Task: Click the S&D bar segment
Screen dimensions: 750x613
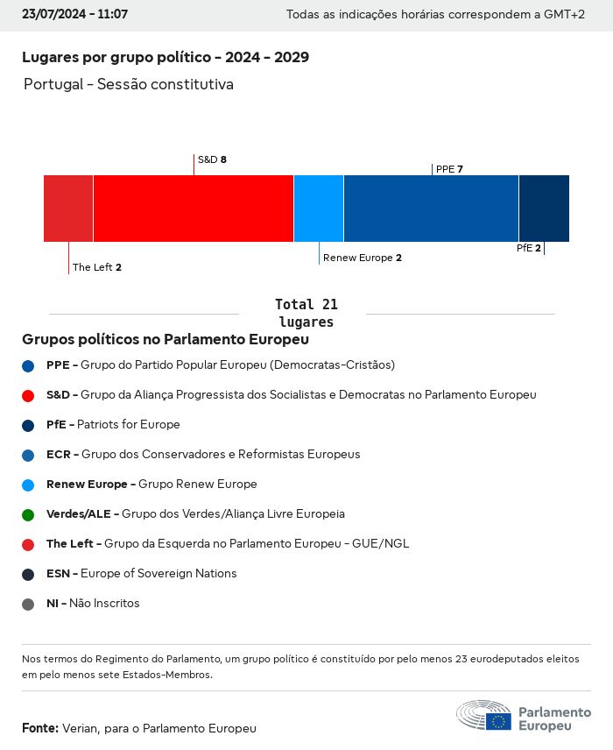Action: tap(193, 208)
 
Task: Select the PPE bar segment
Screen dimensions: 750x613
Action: tap(431, 208)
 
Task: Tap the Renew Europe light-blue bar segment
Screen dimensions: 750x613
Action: tap(319, 208)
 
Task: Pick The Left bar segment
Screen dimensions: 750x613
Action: tap(68, 208)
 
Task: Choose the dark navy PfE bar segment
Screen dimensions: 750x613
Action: tap(544, 208)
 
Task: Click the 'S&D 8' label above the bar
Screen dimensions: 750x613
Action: tap(212, 159)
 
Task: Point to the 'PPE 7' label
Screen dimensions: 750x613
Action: tap(449, 169)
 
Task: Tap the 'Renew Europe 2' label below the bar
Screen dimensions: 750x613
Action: tap(363, 258)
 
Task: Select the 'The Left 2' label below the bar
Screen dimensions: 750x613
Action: tap(97, 267)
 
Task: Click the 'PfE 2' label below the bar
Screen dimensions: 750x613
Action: tap(528, 248)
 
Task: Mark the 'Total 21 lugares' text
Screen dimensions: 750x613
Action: tap(306, 313)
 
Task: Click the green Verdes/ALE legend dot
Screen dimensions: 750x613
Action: tap(28, 514)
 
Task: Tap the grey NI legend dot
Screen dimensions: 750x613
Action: tap(28, 604)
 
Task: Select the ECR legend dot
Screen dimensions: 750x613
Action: tap(28, 455)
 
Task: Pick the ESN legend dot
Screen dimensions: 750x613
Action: tap(28, 574)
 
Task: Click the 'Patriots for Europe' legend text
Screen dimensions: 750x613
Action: tap(129, 425)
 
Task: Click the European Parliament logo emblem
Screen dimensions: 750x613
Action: tap(483, 715)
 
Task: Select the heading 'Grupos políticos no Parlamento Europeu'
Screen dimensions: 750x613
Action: tap(166, 339)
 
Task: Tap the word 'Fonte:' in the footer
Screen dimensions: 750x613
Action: tap(40, 728)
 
